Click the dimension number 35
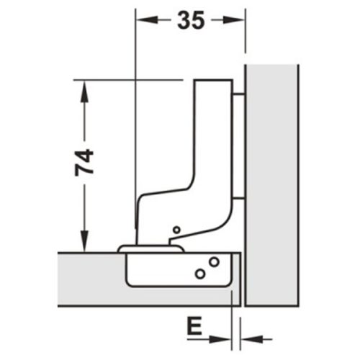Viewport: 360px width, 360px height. click(190, 21)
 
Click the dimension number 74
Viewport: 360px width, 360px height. click(85, 164)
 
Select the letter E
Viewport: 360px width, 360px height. click(192, 329)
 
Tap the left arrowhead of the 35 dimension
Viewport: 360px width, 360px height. click(141, 22)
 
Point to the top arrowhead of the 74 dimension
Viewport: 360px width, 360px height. click(85, 88)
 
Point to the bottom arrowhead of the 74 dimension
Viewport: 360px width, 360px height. click(85, 243)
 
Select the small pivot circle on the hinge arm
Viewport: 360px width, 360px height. click(176, 230)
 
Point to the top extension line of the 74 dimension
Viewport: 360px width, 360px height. click(130, 79)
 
